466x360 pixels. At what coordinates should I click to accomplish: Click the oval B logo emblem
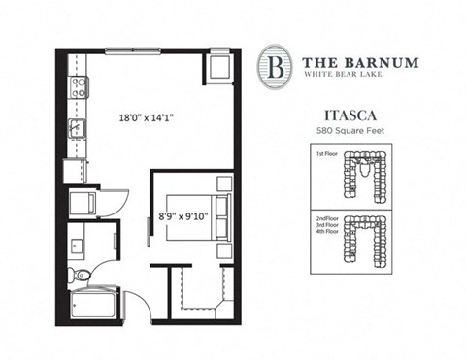point(275,66)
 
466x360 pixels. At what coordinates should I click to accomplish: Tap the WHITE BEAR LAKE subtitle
point(356,76)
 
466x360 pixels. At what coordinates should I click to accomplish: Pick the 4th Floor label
point(326,233)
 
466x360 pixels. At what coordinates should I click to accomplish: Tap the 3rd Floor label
point(326,225)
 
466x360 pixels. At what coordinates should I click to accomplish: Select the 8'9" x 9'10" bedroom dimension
point(183,216)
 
